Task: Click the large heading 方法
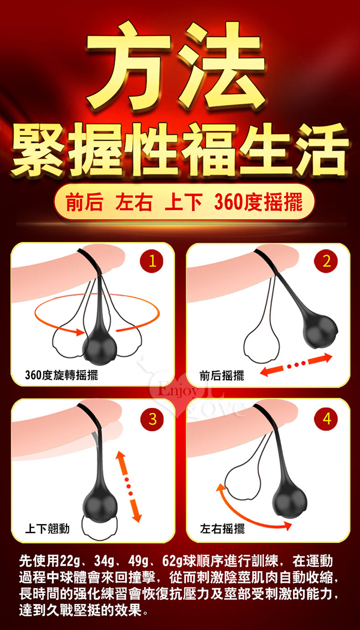(x=176, y=65)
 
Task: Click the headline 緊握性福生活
(x=179, y=150)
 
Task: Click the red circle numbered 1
(x=151, y=263)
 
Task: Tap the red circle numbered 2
(x=327, y=263)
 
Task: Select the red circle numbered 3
(x=151, y=420)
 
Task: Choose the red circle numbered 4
(x=327, y=420)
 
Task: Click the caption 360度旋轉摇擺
(x=61, y=376)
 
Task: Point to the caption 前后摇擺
(x=222, y=376)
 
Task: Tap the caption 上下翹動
(x=47, y=529)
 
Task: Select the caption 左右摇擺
(x=222, y=529)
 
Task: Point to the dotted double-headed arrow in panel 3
(x=129, y=486)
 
